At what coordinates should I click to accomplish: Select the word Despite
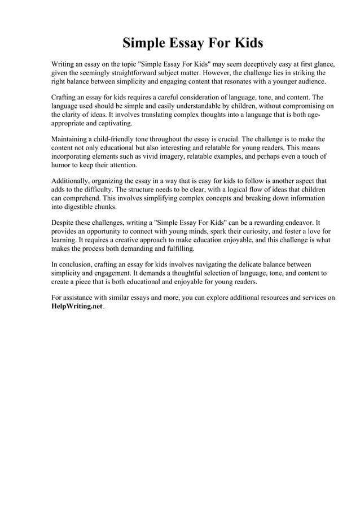(x=63, y=223)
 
